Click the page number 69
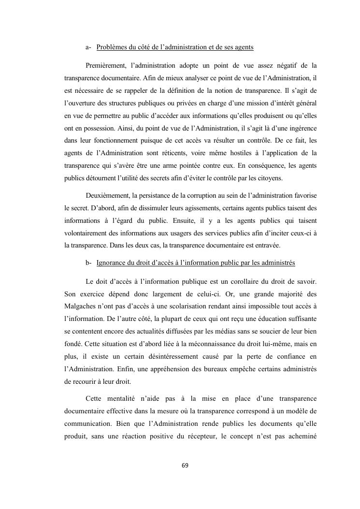tap(185, 465)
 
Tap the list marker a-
tap(88, 47)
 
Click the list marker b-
tap(88, 262)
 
